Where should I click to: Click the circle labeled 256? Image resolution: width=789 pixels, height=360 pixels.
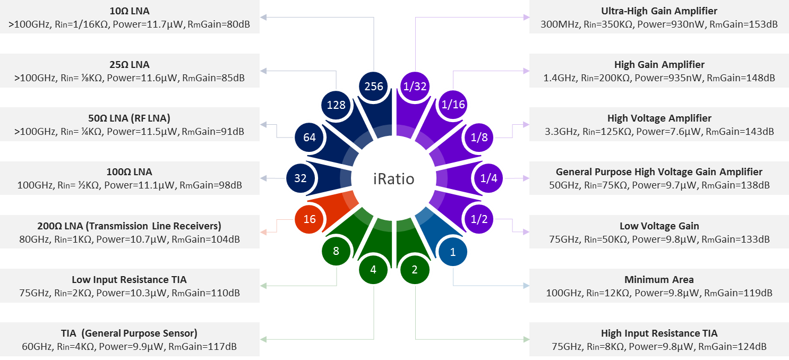[x=374, y=86]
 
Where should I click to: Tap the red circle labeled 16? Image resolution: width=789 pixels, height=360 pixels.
[x=310, y=219]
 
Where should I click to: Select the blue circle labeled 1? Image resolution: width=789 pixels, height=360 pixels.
[x=453, y=252]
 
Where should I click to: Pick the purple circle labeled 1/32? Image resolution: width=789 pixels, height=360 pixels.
[x=415, y=86]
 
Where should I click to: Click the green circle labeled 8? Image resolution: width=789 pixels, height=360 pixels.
[x=336, y=251]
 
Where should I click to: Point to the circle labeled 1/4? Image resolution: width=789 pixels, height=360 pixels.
[x=488, y=178]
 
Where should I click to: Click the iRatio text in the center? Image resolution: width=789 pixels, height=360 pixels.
[x=393, y=179]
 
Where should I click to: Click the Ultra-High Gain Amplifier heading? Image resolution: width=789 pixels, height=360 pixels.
[x=659, y=11]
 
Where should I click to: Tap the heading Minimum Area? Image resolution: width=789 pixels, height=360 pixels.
[x=659, y=279]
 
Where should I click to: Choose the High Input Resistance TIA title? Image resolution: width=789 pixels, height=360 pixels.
[x=659, y=333]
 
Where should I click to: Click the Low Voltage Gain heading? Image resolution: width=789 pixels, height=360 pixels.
[x=659, y=226]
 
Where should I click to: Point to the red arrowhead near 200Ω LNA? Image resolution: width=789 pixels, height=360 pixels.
[x=263, y=232]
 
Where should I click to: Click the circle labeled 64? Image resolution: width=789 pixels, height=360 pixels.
[x=310, y=138]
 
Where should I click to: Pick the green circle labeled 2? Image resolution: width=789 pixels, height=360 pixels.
[x=415, y=270]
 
